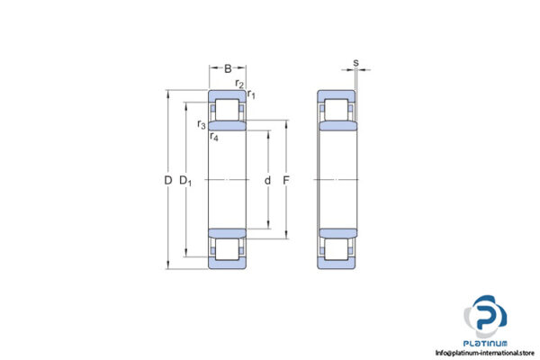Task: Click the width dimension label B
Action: click(229, 67)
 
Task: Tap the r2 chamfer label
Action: click(239, 84)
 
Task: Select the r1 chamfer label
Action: click(251, 94)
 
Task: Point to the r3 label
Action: click(202, 124)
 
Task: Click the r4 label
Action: click(213, 137)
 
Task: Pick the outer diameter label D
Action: click(167, 181)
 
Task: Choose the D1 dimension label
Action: click(186, 181)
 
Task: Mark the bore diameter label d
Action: click(267, 181)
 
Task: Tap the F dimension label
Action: click(286, 181)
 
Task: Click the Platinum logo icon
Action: click(486, 317)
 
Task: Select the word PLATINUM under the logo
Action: click(487, 343)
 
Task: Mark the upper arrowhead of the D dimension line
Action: click(167, 94)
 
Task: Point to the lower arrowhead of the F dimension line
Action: click(286, 238)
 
